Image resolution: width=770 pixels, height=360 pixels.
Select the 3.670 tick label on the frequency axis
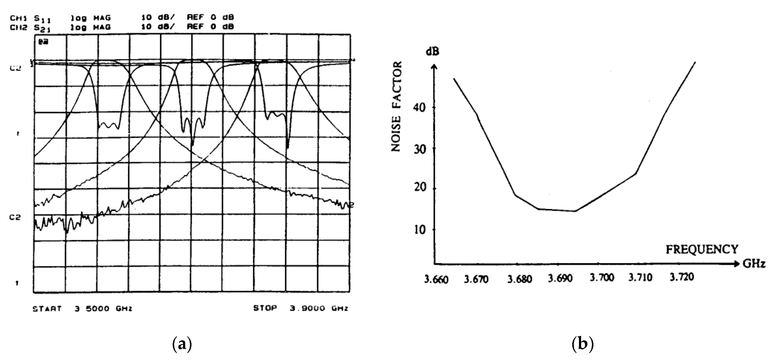click(x=476, y=280)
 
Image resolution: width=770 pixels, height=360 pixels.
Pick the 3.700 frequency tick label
click(x=601, y=278)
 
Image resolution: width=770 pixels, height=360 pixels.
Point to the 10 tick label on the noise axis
click(x=419, y=229)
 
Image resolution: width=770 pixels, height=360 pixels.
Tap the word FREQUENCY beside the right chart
click(x=701, y=249)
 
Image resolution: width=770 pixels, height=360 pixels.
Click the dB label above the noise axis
click(x=432, y=52)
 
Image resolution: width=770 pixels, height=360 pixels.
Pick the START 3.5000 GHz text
click(x=82, y=309)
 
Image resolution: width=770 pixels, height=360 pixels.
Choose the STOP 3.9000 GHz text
click(x=300, y=308)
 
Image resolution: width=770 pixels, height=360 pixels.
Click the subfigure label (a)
click(x=182, y=344)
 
